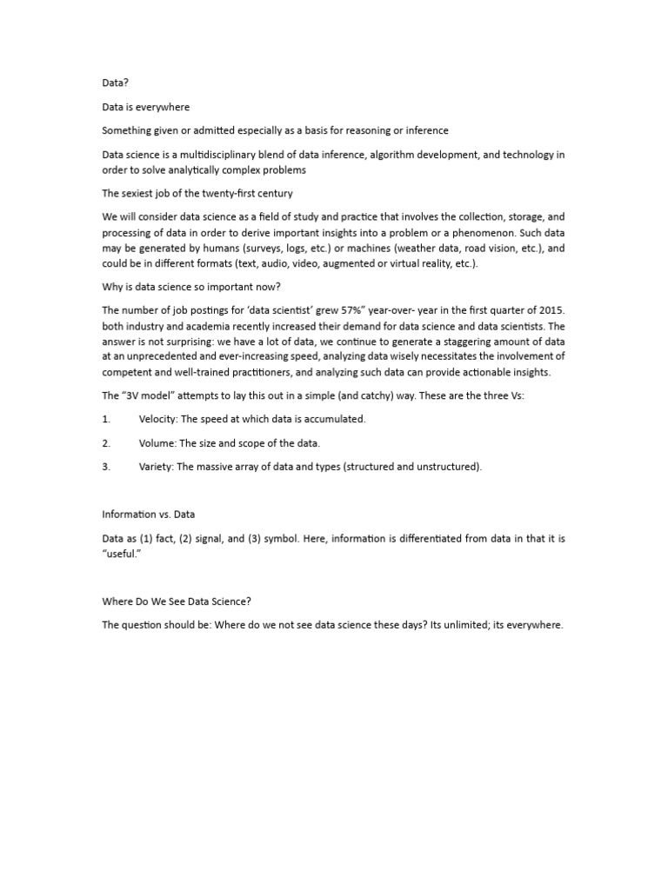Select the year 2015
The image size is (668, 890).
tap(551, 309)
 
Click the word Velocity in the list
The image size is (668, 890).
tap(157, 419)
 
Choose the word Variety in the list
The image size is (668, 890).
tap(156, 467)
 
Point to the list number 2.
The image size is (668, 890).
tap(105, 443)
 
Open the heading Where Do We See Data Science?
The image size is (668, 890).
tap(177, 601)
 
